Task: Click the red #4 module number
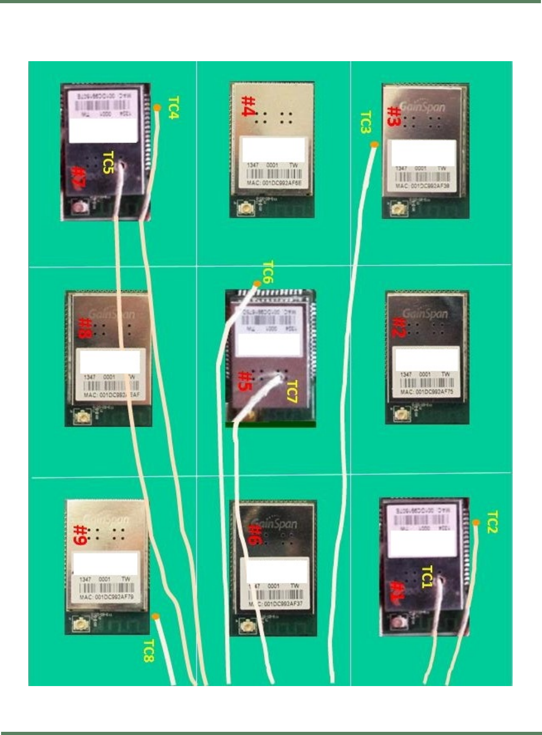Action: tap(249, 106)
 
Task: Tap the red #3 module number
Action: tap(394, 116)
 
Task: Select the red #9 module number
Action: tap(80, 535)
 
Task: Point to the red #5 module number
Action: tap(245, 381)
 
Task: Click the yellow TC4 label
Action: tap(173, 107)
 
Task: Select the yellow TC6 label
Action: tap(268, 272)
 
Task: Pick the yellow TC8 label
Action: tap(148, 651)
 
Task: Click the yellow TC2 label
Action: tap(492, 522)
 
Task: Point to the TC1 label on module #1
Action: tap(427, 577)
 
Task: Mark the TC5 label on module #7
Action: tap(108, 162)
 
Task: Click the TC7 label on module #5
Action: tap(292, 392)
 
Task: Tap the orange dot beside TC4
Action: tap(157, 108)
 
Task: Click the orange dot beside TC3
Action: tap(374, 144)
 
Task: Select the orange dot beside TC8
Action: tap(156, 617)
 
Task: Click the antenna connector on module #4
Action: tap(245, 209)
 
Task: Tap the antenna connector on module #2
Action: tap(401, 414)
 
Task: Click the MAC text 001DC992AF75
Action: tap(427, 392)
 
